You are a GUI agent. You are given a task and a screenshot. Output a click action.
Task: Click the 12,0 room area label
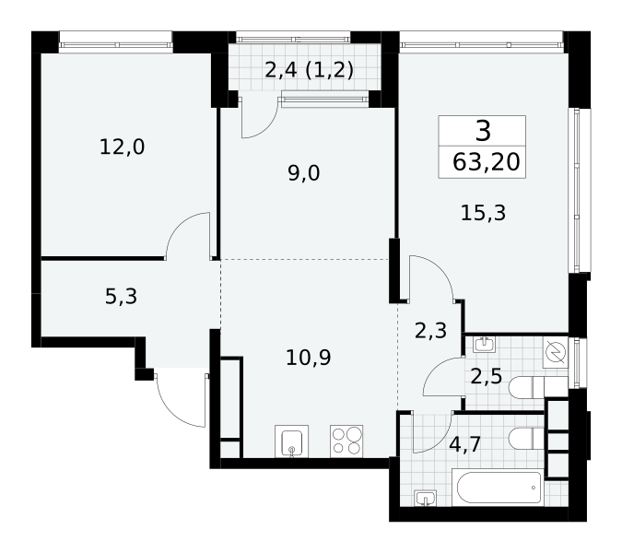click(x=122, y=147)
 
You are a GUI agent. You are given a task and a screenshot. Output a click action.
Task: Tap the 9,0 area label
click(x=304, y=173)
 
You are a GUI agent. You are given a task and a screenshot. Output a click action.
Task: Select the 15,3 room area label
click(x=483, y=213)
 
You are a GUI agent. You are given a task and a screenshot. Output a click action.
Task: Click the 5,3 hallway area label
click(x=121, y=297)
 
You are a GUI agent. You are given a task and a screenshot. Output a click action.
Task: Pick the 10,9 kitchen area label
click(x=308, y=358)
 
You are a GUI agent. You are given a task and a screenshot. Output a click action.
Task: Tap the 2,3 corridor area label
click(x=430, y=331)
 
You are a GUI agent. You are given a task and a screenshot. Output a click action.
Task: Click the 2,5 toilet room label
click(x=487, y=376)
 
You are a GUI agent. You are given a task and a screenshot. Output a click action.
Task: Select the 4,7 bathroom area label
click(x=465, y=444)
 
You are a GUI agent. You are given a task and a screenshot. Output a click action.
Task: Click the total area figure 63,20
click(x=486, y=162)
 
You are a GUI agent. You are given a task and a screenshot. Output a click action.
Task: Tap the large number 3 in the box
click(x=483, y=131)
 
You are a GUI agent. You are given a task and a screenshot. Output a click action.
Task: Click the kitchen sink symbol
click(x=291, y=441)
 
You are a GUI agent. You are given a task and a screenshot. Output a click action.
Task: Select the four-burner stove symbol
click(x=346, y=441)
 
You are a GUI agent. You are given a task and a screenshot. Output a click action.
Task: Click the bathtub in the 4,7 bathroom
click(x=499, y=488)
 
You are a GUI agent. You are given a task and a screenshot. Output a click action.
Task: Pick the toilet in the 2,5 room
click(x=538, y=387)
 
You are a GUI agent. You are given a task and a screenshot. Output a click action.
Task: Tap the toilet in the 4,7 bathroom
click(x=526, y=439)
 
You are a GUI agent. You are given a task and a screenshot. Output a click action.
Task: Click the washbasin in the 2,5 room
click(x=484, y=345)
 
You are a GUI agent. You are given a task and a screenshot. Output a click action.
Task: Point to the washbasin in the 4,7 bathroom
click(x=425, y=499)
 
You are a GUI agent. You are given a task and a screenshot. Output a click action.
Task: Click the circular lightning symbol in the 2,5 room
click(x=556, y=352)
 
